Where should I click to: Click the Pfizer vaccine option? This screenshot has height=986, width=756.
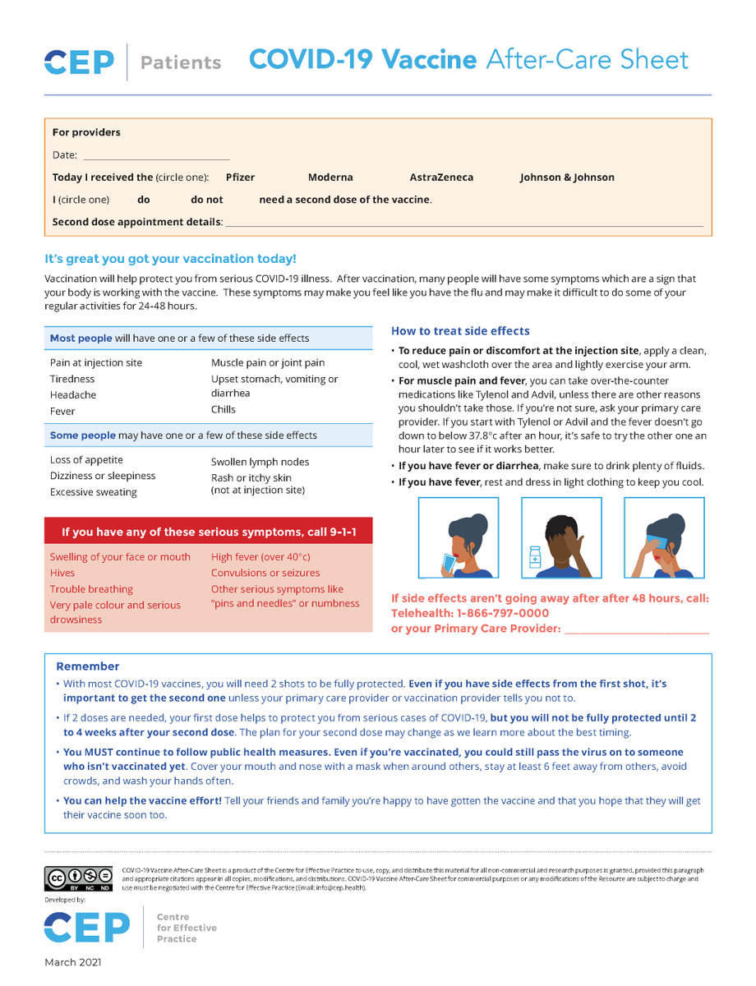tap(240, 177)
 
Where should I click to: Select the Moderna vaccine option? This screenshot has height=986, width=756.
tap(330, 177)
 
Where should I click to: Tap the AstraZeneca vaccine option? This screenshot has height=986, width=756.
tap(441, 177)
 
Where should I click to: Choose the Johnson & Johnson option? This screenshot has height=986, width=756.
tap(567, 177)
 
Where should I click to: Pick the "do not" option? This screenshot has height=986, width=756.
tap(206, 200)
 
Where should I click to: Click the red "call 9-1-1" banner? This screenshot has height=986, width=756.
tap(209, 532)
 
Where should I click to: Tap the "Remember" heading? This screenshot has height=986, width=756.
tap(87, 666)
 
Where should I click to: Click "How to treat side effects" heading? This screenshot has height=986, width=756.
tap(460, 331)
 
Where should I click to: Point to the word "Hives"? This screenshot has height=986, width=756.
tap(62, 573)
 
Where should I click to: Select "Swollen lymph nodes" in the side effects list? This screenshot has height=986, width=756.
tap(260, 463)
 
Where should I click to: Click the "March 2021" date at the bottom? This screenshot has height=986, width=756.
tap(73, 961)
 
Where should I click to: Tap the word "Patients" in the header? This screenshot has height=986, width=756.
tap(181, 62)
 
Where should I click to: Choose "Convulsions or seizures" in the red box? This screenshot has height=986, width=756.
tap(265, 573)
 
